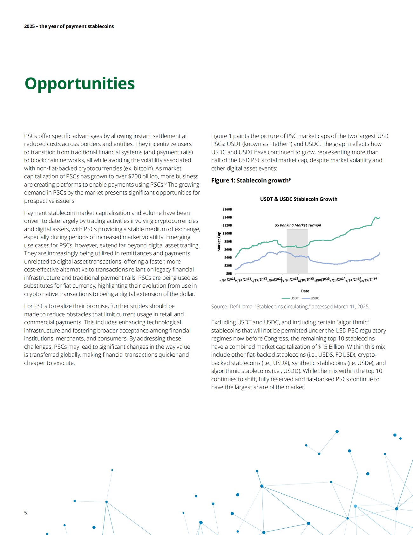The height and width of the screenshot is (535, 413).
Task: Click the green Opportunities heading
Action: [x=80, y=84]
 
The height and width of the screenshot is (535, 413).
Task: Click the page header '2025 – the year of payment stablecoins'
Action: [x=69, y=26]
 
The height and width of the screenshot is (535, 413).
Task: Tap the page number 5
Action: [x=25, y=512]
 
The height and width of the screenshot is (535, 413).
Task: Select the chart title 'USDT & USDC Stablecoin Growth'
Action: [x=299, y=199]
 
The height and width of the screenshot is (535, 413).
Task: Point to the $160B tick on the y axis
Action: [x=227, y=209]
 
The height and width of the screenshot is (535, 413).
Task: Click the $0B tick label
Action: [x=229, y=273]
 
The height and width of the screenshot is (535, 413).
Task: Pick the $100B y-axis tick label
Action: [x=227, y=233]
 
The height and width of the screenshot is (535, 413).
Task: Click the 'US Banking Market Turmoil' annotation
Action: [x=298, y=225]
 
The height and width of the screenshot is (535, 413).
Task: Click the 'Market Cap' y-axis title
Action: [x=219, y=242]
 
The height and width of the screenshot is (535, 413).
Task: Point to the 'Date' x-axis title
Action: [x=305, y=291]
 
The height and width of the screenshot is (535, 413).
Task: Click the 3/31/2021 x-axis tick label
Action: [x=227, y=280]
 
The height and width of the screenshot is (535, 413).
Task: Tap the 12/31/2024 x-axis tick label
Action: [x=368, y=280]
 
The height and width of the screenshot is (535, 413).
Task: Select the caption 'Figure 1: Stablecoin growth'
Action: [x=251, y=181]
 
